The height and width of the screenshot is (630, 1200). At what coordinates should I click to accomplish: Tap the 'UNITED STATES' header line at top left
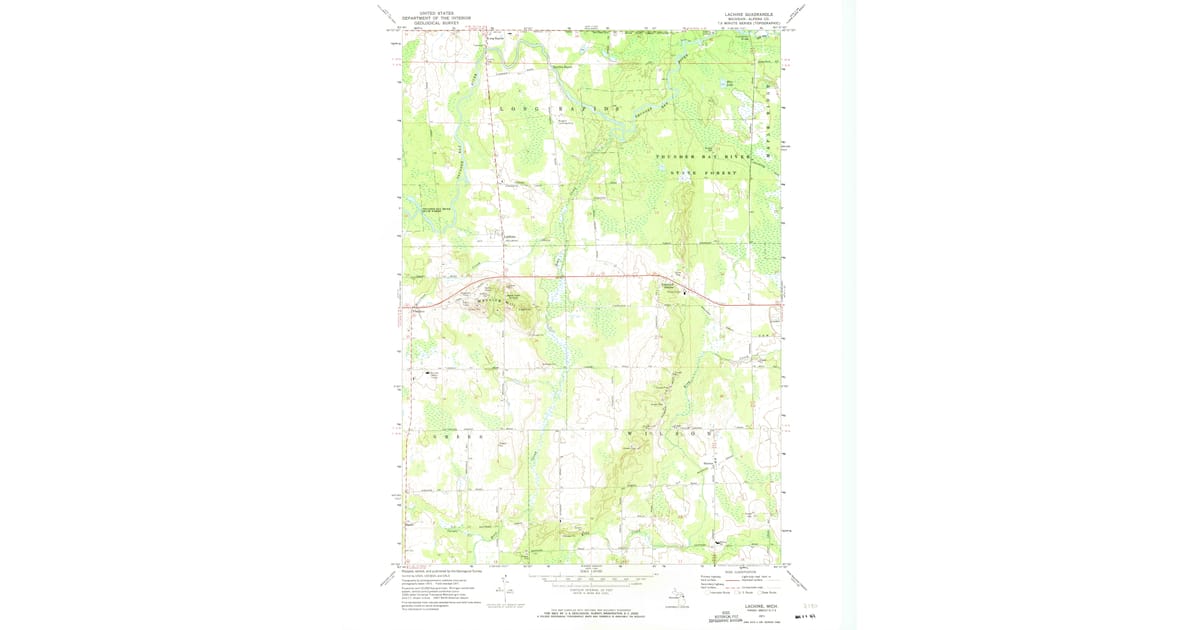pyautogui.click(x=436, y=13)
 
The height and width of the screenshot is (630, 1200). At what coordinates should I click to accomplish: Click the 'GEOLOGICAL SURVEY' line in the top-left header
pyautogui.click(x=436, y=23)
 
